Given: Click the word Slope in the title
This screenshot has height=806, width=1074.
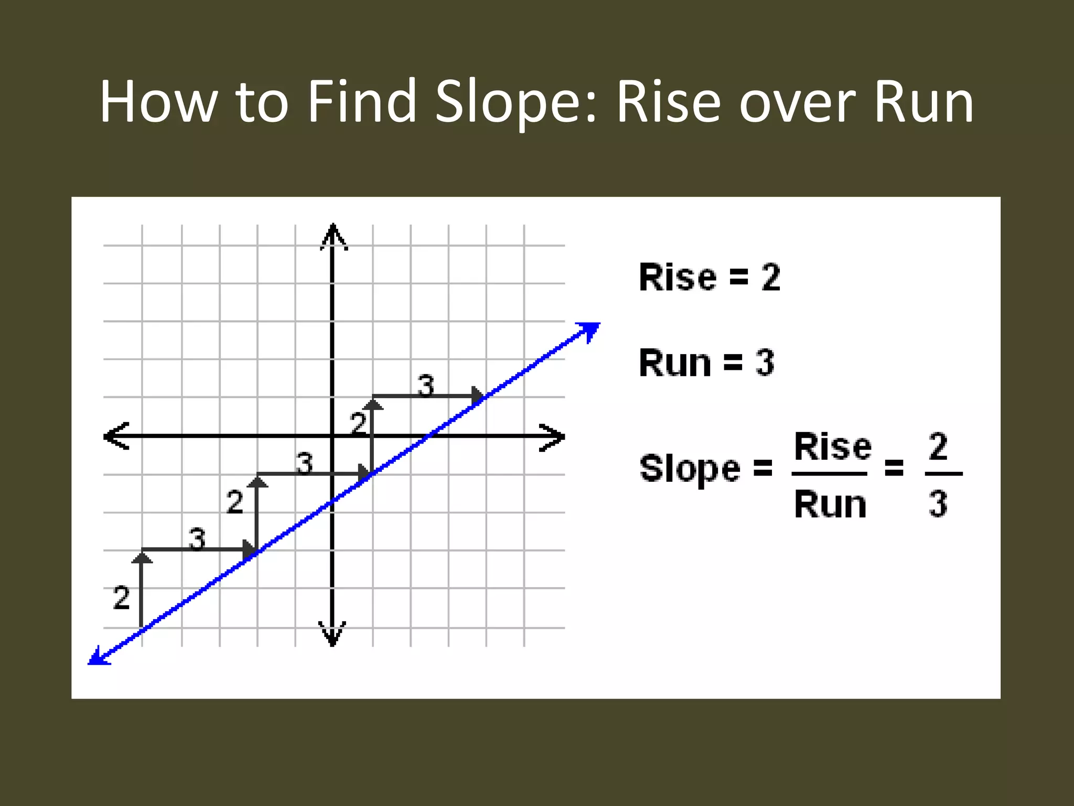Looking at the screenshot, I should (516, 102).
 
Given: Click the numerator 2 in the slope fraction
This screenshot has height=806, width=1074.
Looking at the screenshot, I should (938, 447).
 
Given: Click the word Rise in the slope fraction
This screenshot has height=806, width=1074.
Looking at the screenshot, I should (833, 447).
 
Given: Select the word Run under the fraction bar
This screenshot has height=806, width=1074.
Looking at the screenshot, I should (830, 505).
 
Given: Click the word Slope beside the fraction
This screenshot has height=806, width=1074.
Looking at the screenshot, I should (690, 468).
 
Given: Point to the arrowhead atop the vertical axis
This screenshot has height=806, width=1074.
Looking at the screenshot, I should (333, 235).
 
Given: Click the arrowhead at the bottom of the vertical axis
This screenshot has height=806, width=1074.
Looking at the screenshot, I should (332, 635).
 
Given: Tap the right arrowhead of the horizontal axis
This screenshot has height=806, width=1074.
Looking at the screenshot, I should (554, 437).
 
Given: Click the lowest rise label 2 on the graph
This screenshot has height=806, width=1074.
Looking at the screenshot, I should (121, 598).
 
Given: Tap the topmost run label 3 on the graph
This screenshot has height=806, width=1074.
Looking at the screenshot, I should (426, 386).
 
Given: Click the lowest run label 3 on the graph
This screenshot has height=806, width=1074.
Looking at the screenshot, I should (197, 539).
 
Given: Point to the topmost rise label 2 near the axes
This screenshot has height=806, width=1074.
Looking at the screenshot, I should (358, 423).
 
